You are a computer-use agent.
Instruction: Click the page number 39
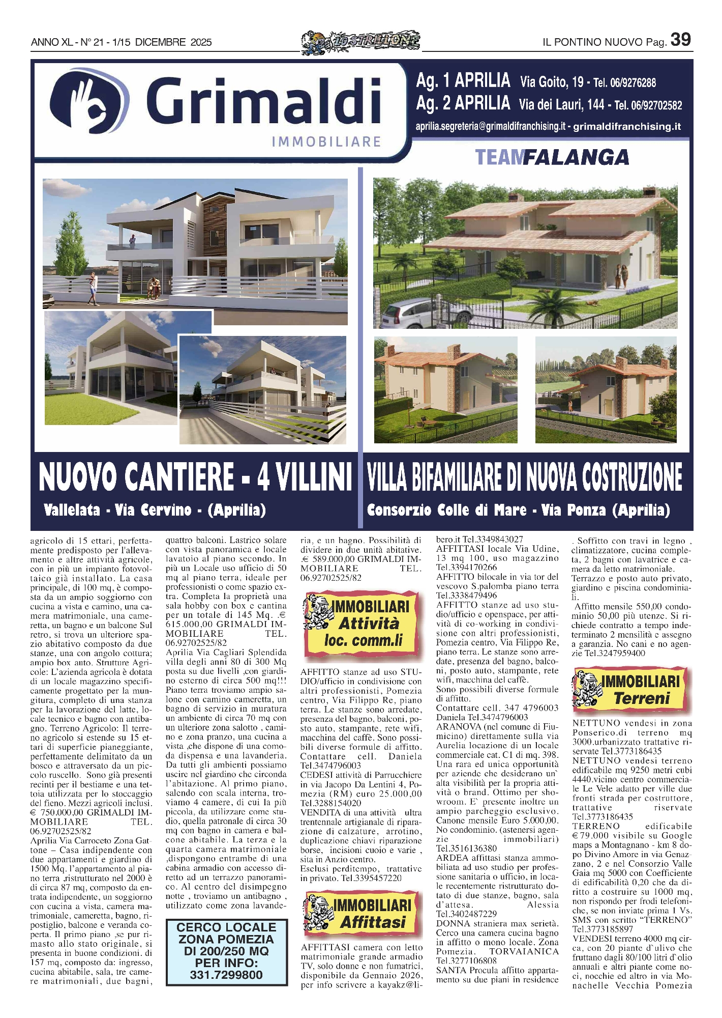pyautogui.click(x=680, y=40)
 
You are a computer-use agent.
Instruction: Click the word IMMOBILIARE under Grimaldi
pyautogui.click(x=326, y=141)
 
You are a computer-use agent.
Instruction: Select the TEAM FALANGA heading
pyautogui.click(x=552, y=157)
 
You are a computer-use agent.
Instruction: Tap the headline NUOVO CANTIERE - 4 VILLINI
pyautogui.click(x=195, y=477)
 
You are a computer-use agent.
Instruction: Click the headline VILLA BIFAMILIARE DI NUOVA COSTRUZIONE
pyautogui.click(x=524, y=477)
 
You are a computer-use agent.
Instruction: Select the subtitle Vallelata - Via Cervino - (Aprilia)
pyautogui.click(x=155, y=510)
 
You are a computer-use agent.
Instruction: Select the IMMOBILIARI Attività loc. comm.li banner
pyautogui.click(x=360, y=624)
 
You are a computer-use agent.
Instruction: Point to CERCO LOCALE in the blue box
pyautogui.click(x=226, y=927)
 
